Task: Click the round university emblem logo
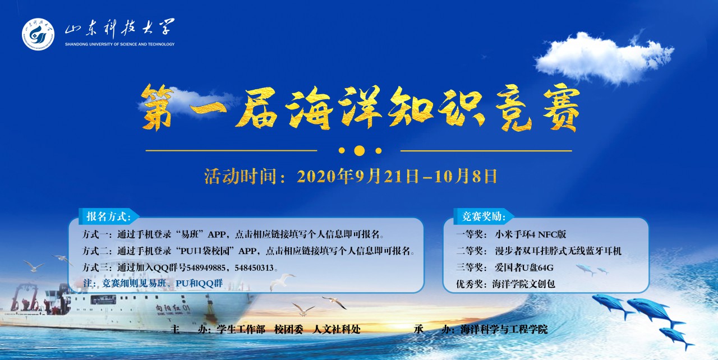click(38, 34)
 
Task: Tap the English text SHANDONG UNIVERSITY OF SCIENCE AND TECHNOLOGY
click(120, 44)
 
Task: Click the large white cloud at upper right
click(604, 58)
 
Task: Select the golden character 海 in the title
click(310, 108)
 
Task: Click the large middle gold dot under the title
click(360, 150)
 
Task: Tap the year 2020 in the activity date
click(317, 177)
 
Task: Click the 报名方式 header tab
click(109, 216)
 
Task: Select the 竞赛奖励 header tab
click(484, 216)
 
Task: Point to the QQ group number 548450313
click(254, 268)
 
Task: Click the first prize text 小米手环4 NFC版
click(531, 234)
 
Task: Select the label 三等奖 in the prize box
click(470, 267)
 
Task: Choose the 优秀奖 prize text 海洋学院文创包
click(524, 284)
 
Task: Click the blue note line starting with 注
click(153, 283)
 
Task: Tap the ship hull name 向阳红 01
click(173, 308)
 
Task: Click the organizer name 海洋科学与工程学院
click(504, 329)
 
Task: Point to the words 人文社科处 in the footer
click(337, 329)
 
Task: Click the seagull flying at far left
click(33, 266)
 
